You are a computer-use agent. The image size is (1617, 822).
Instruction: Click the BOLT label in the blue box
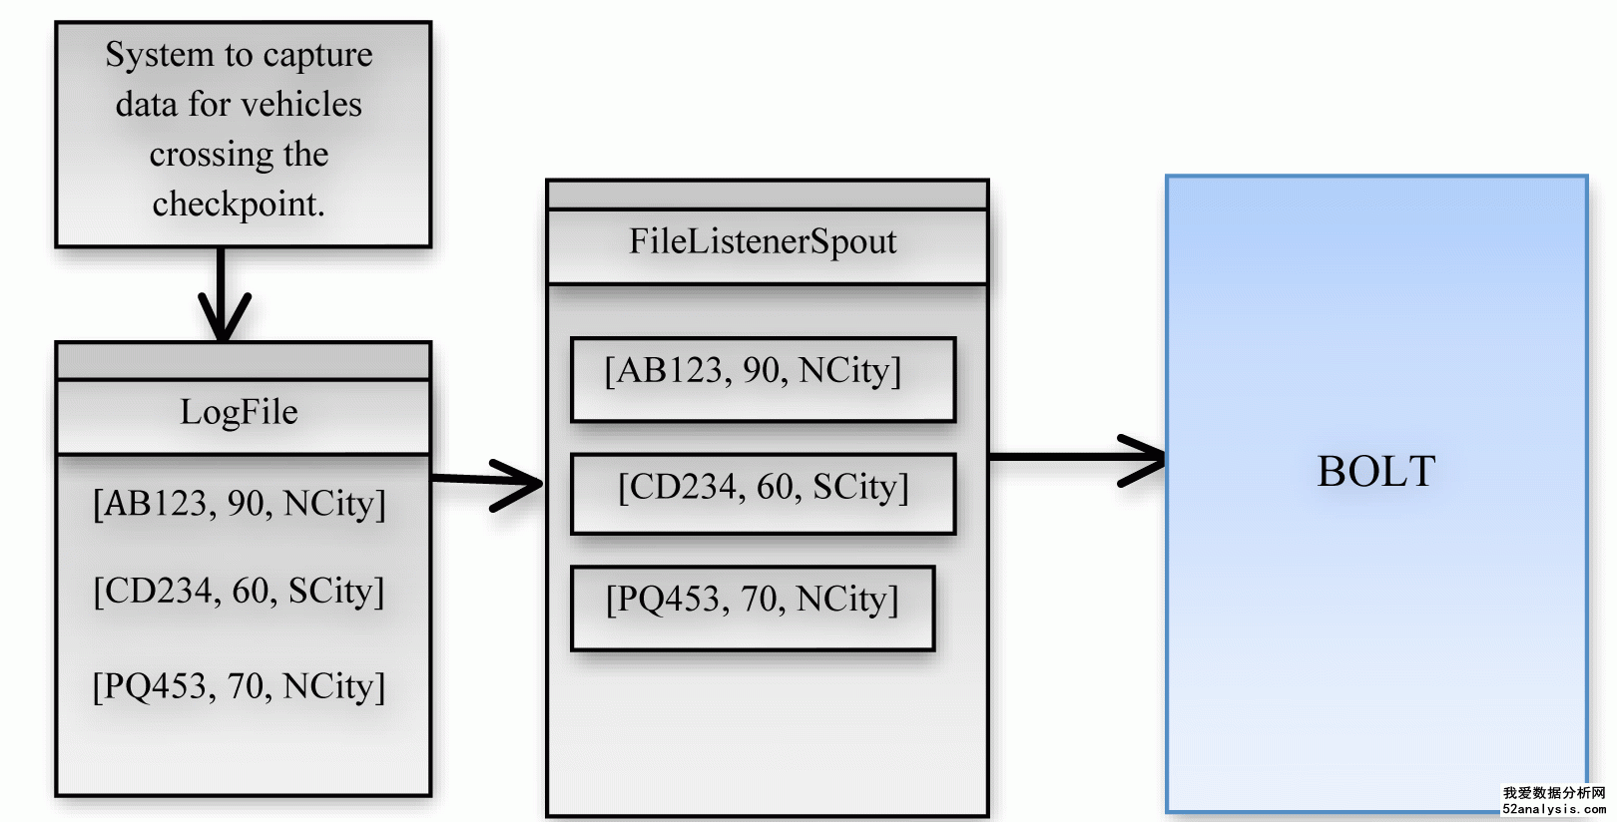click(1375, 471)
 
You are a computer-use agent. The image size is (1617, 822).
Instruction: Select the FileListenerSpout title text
click(763, 241)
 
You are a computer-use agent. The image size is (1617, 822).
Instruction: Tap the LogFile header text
click(239, 413)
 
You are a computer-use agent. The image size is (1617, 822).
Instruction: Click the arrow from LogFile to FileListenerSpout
click(487, 482)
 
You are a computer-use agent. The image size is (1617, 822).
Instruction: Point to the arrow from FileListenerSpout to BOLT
click(1077, 458)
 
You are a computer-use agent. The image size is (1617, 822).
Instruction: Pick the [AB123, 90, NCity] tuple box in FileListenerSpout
click(763, 380)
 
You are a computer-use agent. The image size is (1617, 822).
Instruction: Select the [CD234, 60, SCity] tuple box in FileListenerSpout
click(763, 495)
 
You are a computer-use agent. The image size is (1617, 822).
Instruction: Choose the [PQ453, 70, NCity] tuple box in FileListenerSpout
click(753, 609)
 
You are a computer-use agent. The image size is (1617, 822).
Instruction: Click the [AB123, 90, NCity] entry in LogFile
click(239, 504)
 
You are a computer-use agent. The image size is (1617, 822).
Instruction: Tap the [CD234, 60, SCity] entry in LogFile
click(239, 592)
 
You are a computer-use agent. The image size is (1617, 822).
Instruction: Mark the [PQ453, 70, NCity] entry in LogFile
click(239, 686)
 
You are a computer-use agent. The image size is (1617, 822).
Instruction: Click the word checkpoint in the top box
click(239, 205)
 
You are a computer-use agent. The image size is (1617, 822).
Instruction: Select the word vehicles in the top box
click(301, 105)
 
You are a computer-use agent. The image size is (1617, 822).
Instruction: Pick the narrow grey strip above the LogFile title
click(244, 361)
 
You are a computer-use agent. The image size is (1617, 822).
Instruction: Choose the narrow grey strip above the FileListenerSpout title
click(768, 195)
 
